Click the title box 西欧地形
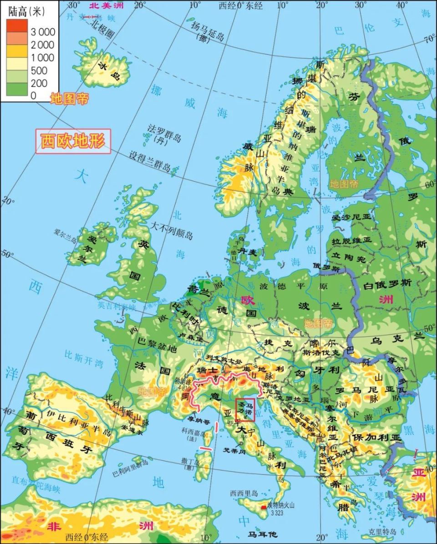[x=73, y=141]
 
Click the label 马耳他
[x=262, y=534]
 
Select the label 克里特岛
[x=383, y=532]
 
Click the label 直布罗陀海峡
[x=36, y=484]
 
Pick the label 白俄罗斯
[x=387, y=283]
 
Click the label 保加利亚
[x=376, y=437]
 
